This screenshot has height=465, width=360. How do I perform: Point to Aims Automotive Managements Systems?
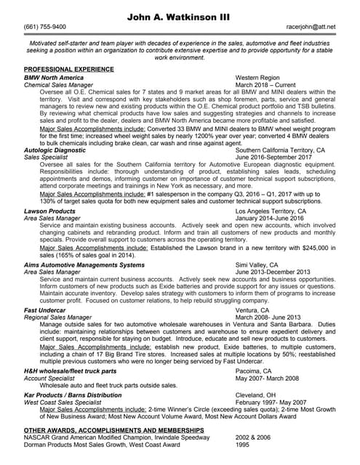tap(84, 265)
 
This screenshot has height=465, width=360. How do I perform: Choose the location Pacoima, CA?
tap(253, 371)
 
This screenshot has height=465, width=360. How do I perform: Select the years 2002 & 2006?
tap(253, 438)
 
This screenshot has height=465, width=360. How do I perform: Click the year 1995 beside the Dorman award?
tap(243, 445)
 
